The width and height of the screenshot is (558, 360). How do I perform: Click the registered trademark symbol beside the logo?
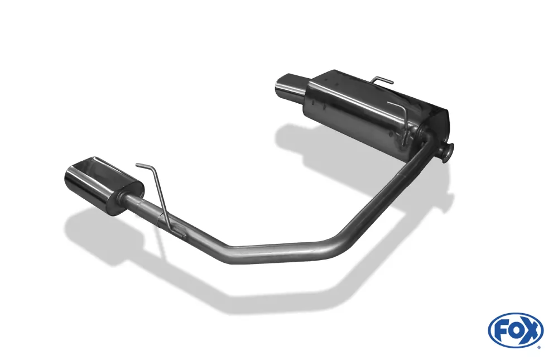click(538, 346)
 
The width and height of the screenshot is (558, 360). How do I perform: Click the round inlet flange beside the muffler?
click(448, 151)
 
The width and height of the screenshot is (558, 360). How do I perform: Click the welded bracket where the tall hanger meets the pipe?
click(177, 231)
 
